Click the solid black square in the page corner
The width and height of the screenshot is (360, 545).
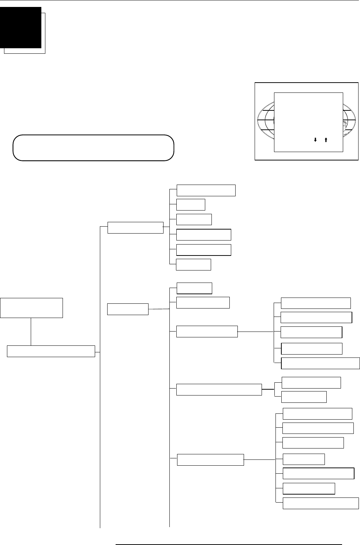[20, 27]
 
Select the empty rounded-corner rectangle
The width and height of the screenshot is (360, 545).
[93, 148]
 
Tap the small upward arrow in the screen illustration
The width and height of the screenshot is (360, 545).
[325, 140]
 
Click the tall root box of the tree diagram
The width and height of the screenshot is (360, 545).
[31, 308]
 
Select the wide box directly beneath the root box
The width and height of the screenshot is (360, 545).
[51, 351]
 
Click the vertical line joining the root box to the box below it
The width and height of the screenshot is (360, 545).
[31, 331]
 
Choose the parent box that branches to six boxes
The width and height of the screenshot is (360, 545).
[135, 227]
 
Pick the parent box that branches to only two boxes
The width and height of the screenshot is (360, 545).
[219, 390]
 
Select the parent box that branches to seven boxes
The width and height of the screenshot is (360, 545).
[210, 460]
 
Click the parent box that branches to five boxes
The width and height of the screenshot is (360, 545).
[207, 332]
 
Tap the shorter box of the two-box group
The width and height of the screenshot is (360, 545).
[304, 397]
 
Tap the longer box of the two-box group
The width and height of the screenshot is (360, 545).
[311, 382]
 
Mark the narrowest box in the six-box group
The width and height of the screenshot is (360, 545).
[191, 205]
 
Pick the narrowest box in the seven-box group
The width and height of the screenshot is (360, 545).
[304, 459]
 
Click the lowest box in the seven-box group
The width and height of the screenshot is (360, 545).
[320, 503]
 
